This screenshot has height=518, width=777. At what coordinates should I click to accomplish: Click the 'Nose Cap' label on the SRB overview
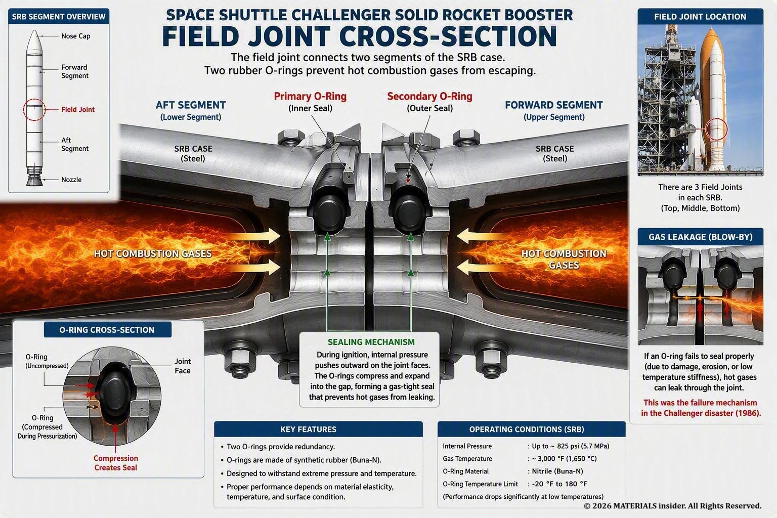[x=75, y=36]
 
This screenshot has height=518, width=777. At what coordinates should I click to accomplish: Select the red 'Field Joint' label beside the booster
[x=78, y=110]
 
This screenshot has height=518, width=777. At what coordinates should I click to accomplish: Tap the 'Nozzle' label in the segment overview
[x=71, y=180]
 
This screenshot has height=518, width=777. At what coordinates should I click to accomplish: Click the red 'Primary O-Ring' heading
[x=310, y=97]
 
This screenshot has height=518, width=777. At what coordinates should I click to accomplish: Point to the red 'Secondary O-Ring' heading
[x=430, y=97]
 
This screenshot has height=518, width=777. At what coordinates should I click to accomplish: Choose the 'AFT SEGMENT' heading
[x=190, y=105]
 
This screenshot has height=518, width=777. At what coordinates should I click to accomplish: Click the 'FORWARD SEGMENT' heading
[x=553, y=105]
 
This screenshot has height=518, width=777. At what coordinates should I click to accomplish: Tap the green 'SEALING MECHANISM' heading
[x=371, y=342]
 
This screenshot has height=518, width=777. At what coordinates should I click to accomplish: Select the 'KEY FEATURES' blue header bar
[x=318, y=429]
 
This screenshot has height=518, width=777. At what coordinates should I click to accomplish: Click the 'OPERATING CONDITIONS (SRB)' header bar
[x=532, y=429]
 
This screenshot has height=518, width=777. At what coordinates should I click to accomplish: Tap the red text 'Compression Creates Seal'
[x=116, y=463]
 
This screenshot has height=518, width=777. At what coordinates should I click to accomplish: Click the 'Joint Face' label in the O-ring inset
[x=183, y=366]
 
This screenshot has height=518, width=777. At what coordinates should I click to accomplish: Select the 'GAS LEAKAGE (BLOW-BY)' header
[x=700, y=237]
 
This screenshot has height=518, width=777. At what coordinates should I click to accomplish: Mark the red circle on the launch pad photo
[x=717, y=118]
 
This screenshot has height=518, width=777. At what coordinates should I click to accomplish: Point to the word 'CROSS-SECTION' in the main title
[x=448, y=36]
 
